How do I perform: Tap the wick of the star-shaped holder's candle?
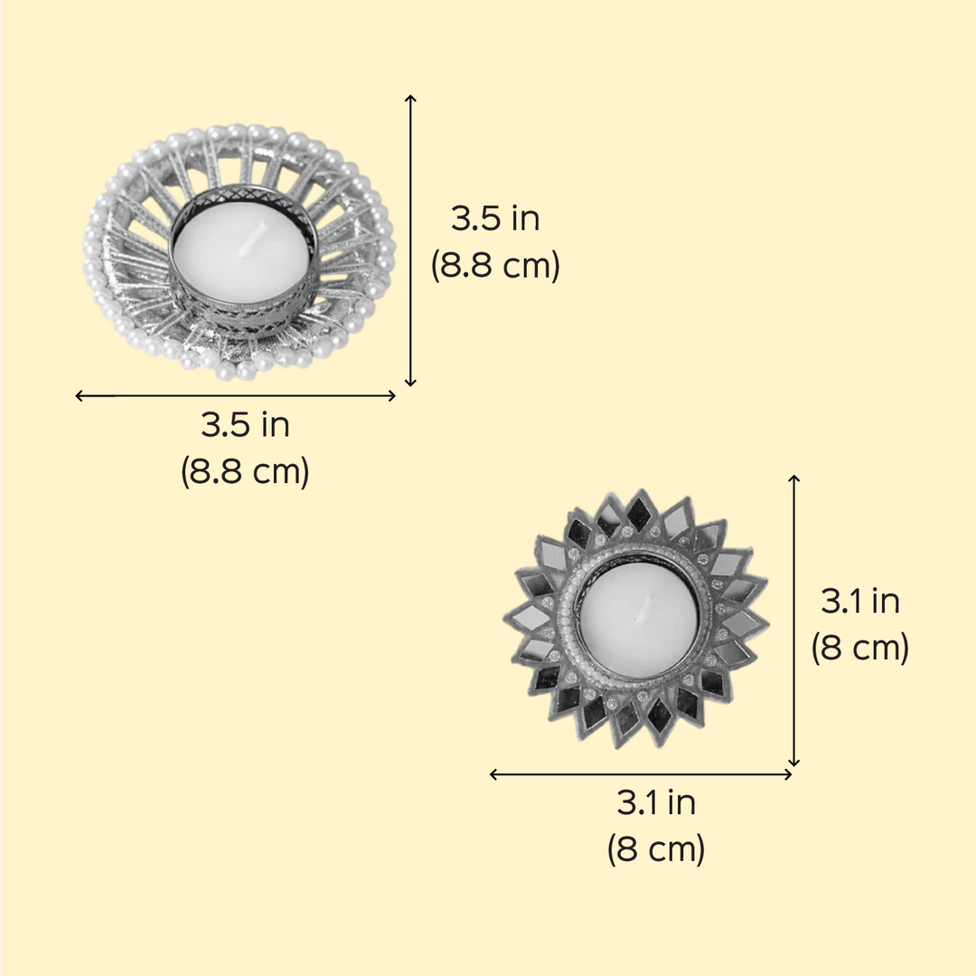643,607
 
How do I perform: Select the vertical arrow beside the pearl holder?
409,241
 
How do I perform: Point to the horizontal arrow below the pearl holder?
235,395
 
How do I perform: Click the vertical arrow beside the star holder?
793,621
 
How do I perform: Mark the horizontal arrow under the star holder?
641,774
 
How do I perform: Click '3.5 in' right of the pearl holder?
495,219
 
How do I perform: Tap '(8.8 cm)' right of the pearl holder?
495,266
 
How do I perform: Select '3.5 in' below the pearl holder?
245,425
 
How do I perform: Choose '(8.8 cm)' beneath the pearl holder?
245,471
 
